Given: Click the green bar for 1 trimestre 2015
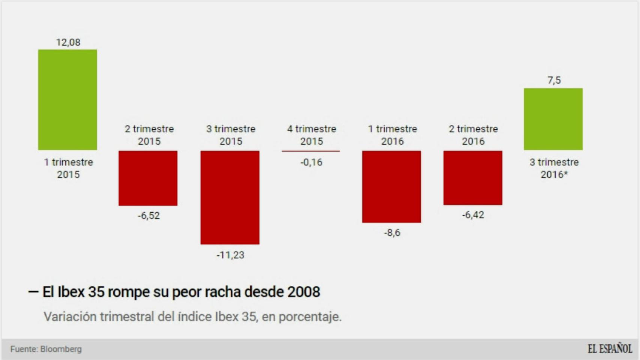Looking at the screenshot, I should point(68,100).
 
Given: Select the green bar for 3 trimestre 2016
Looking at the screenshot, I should point(553,119).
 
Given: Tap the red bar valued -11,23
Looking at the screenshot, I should point(230,198).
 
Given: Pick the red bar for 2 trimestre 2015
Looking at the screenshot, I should point(148,178).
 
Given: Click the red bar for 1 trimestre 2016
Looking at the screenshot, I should point(391,187).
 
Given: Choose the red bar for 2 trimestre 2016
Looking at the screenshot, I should point(473,178).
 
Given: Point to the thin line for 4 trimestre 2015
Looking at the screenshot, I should point(311,151).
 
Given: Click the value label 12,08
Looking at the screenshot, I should point(68,42).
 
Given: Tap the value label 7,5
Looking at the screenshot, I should point(554,80).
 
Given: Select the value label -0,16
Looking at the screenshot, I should point(311,162).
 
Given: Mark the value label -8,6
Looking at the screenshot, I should point(392,233).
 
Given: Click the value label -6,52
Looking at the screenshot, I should point(149,216).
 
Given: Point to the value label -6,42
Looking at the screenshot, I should point(473,215).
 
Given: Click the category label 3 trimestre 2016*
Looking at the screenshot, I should point(554,168).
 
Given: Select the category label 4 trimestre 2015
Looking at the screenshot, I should point(311,135).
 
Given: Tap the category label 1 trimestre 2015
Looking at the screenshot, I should point(68,168).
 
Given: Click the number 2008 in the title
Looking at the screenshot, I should point(303,292).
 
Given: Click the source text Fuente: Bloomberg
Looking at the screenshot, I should point(46,349).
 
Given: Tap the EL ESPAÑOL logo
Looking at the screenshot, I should point(610,349).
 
